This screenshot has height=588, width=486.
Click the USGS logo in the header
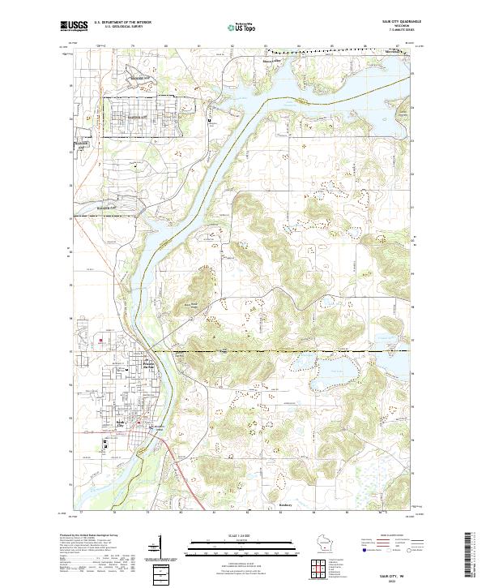(x=74, y=26)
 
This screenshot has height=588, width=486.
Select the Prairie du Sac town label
(x=150, y=366)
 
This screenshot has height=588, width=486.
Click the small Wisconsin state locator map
(x=326, y=543)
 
